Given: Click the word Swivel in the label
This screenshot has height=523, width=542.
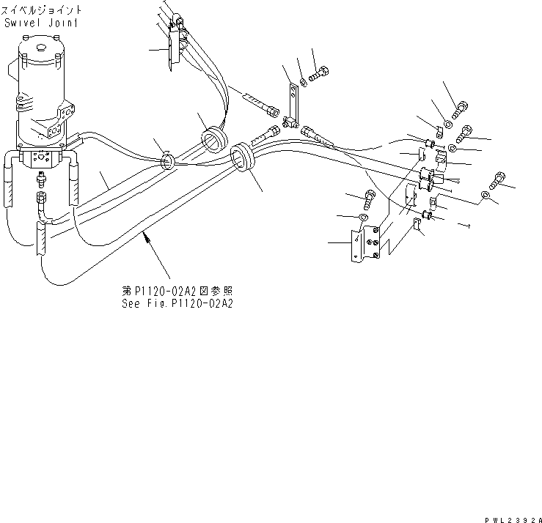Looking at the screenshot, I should pos(23,23).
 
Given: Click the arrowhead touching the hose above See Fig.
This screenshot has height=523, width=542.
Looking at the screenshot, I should pos(147,236).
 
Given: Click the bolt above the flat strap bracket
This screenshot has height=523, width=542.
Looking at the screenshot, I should pos(320,73).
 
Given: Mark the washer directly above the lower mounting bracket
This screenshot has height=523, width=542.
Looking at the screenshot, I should pos(365,218).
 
